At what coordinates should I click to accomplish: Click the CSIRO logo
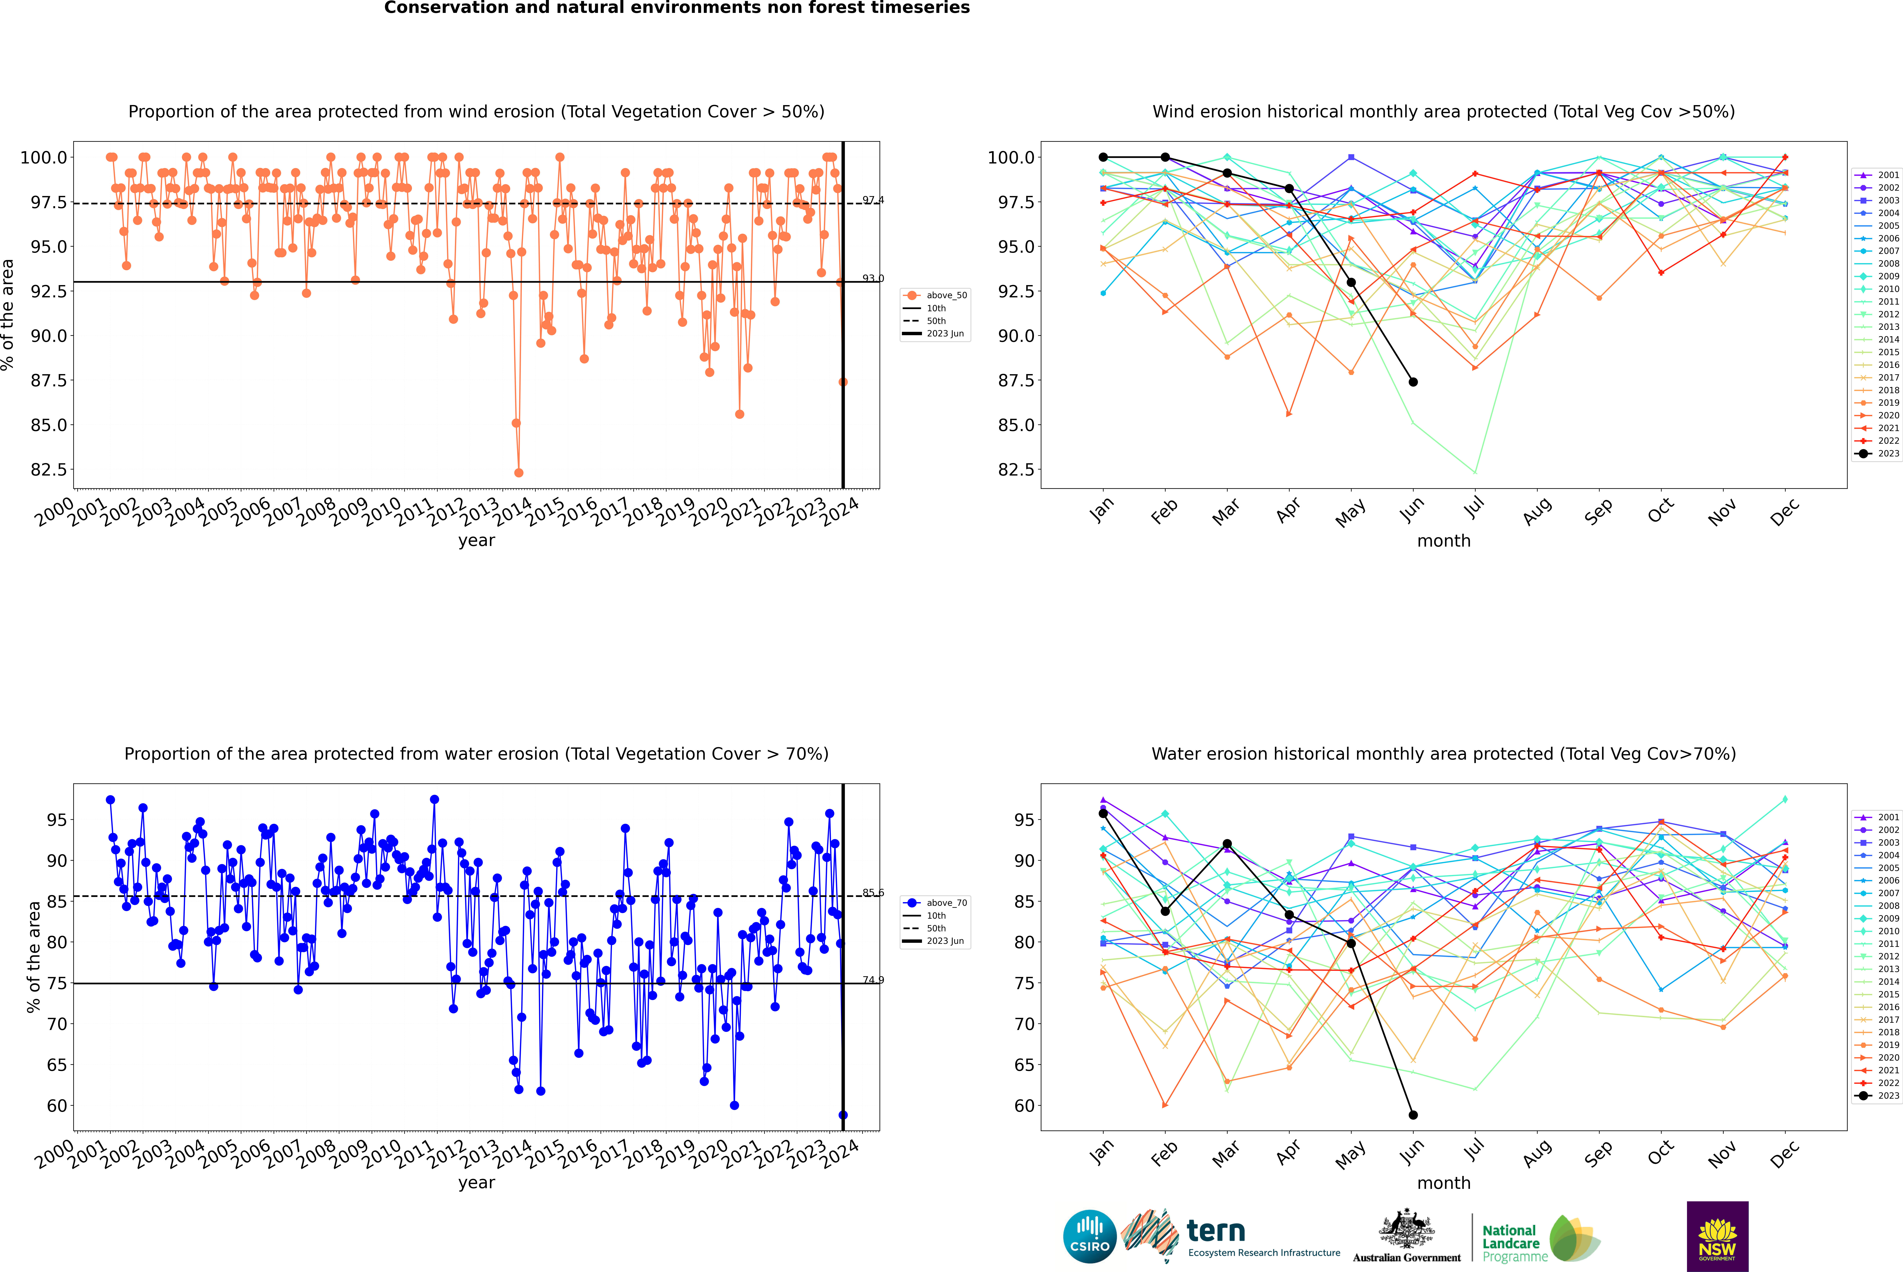(x=1089, y=1236)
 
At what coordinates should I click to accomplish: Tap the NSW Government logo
(x=1717, y=1236)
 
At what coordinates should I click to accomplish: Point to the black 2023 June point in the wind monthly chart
(x=1413, y=382)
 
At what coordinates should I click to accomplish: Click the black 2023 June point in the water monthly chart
(x=1413, y=1115)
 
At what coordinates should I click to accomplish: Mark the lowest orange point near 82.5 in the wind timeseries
(x=518, y=472)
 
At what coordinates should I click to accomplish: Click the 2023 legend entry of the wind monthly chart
(x=1878, y=453)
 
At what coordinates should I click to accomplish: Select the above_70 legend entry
(x=935, y=903)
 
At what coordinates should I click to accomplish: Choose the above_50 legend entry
(x=935, y=295)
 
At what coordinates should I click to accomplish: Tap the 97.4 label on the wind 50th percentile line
(x=873, y=200)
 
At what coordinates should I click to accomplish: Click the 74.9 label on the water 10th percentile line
(x=873, y=980)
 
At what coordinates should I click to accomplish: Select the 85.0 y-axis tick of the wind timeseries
(x=49, y=425)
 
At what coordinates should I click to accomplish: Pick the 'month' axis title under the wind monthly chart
(x=1443, y=541)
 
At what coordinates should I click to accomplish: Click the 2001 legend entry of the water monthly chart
(x=1878, y=817)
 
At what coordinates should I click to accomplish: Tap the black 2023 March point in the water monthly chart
(x=1226, y=845)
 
